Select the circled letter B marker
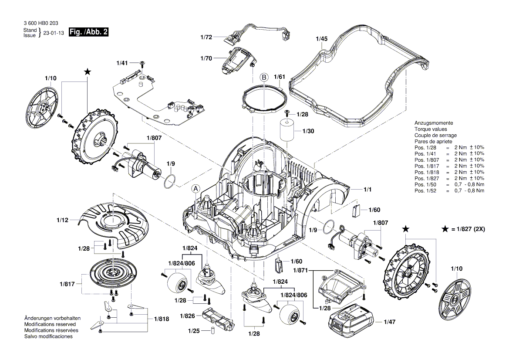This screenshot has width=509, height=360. pos(264,77)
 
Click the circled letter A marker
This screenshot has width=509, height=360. pos(196,189)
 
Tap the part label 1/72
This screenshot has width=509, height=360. pos(206,37)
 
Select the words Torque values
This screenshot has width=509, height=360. pos(430,129)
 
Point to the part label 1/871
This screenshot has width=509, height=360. pos(301,271)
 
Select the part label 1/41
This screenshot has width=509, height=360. pos(122,64)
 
